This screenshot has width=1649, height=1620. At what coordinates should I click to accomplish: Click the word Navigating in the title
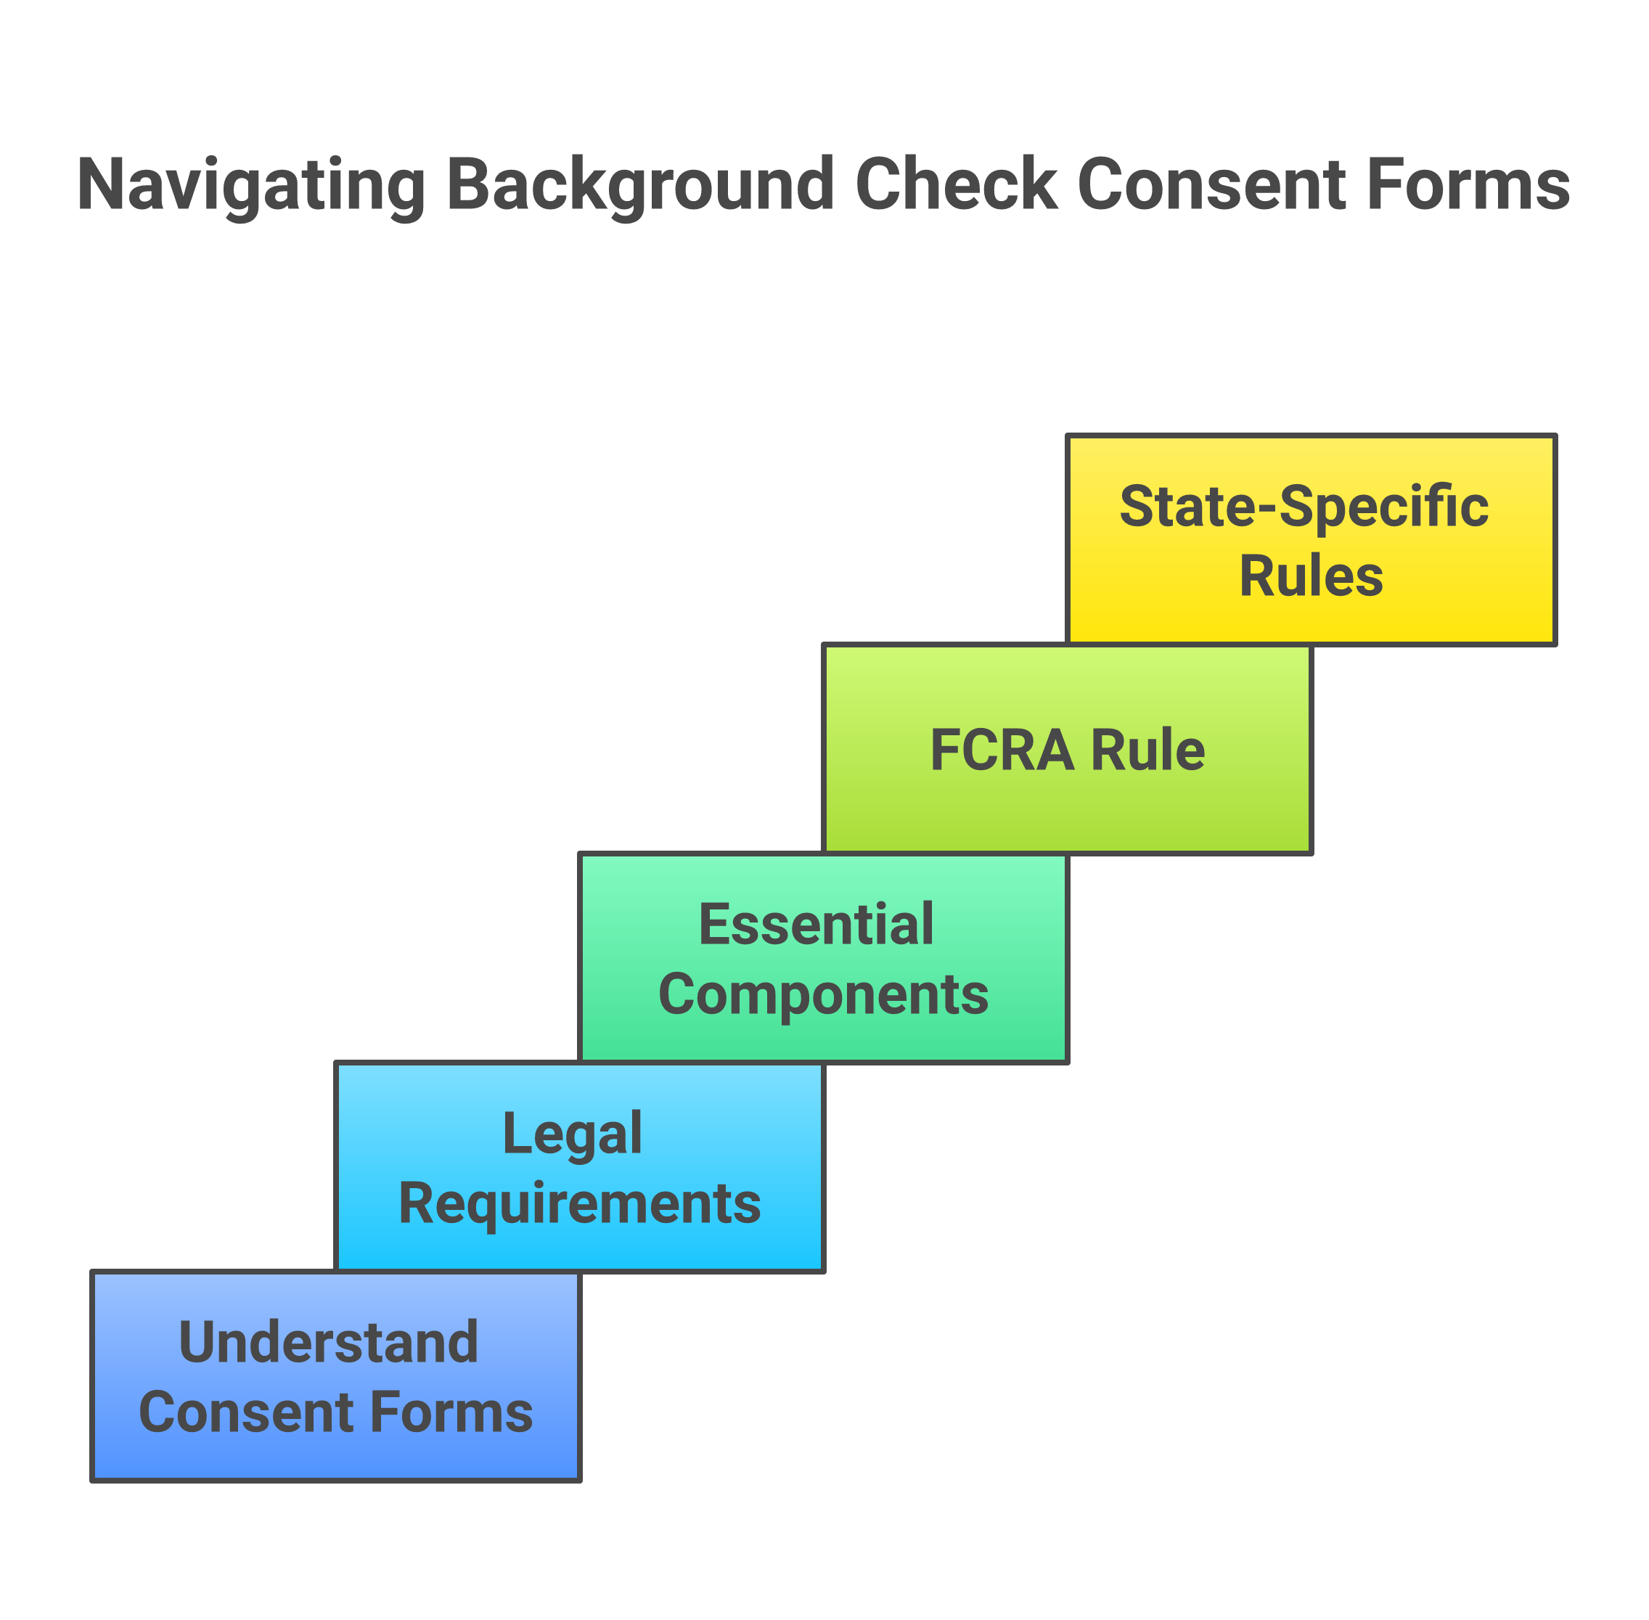pyautogui.click(x=251, y=186)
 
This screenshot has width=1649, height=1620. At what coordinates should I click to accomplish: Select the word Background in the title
pyautogui.click(x=640, y=186)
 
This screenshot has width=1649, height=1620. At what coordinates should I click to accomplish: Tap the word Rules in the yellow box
pyautogui.click(x=1310, y=576)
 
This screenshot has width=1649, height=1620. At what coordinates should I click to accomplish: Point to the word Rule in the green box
pyautogui.click(x=1147, y=750)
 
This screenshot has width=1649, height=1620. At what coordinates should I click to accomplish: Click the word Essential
pyautogui.click(x=815, y=924)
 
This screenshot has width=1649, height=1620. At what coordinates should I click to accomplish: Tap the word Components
pyautogui.click(x=823, y=994)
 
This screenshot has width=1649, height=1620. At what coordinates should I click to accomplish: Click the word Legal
pyautogui.click(x=572, y=1133)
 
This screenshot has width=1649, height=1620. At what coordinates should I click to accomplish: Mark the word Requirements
pyautogui.click(x=579, y=1203)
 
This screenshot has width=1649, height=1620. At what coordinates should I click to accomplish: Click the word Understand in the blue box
pyautogui.click(x=329, y=1342)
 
